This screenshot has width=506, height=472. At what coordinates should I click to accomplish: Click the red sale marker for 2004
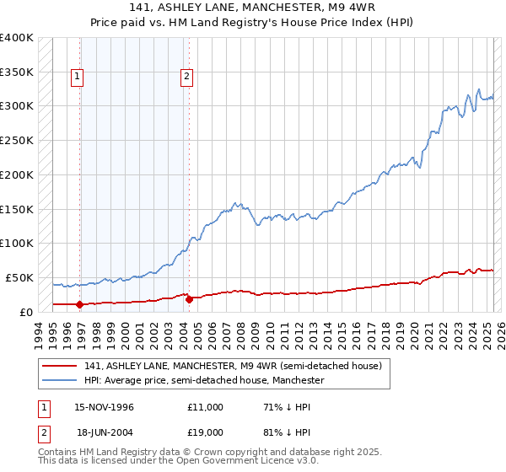click(x=189, y=298)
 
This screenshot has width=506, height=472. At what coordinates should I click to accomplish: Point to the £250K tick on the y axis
click(x=17, y=140)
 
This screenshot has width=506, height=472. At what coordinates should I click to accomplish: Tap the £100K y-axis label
click(x=17, y=243)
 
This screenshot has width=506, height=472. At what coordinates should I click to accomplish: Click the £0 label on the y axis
click(x=25, y=311)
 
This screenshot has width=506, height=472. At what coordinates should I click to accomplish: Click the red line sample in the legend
click(x=60, y=367)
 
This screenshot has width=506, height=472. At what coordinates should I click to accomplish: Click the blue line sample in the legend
click(x=60, y=381)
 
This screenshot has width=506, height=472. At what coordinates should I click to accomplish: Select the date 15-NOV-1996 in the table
click(x=105, y=407)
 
